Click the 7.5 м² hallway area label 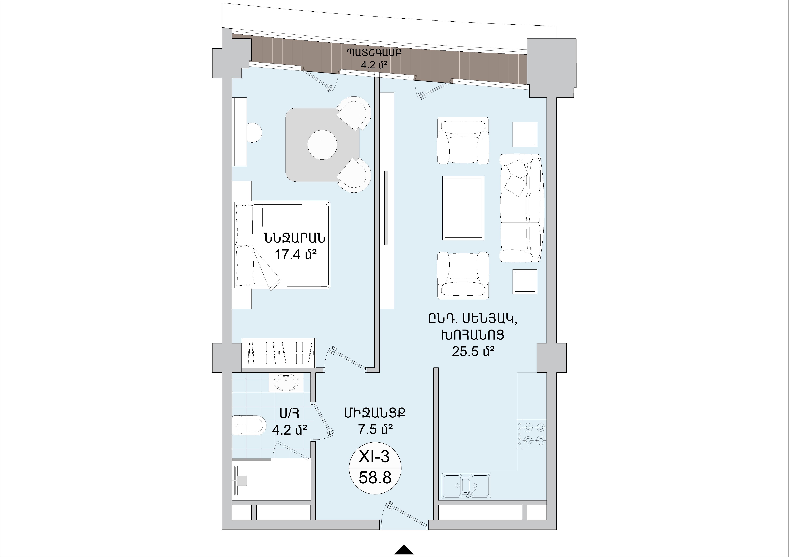click(x=375, y=429)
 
